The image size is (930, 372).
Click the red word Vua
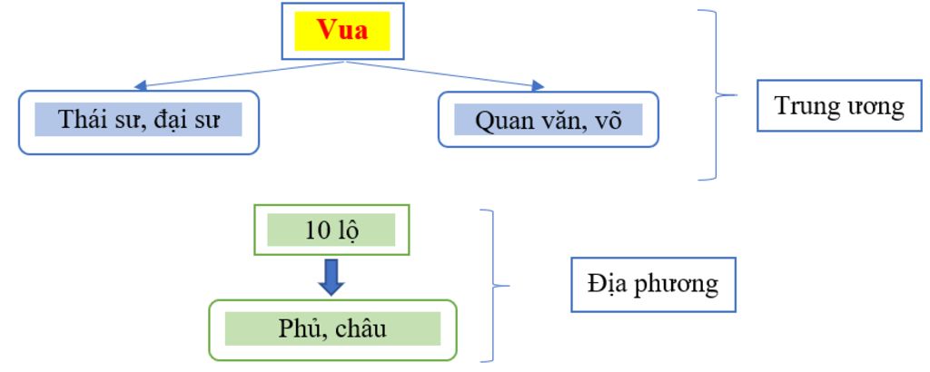point(342,30)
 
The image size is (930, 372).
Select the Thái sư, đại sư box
point(138,121)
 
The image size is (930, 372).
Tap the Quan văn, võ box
point(548,119)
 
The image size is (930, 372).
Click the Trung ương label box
point(838,106)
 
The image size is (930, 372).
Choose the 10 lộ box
point(331,230)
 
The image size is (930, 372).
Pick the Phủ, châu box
point(332,328)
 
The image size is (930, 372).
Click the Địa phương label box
point(652,285)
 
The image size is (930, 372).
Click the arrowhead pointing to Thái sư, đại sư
point(140,86)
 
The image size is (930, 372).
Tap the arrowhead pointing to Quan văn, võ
point(539,86)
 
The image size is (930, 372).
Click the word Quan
point(503,120)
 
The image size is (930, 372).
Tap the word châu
point(360,328)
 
